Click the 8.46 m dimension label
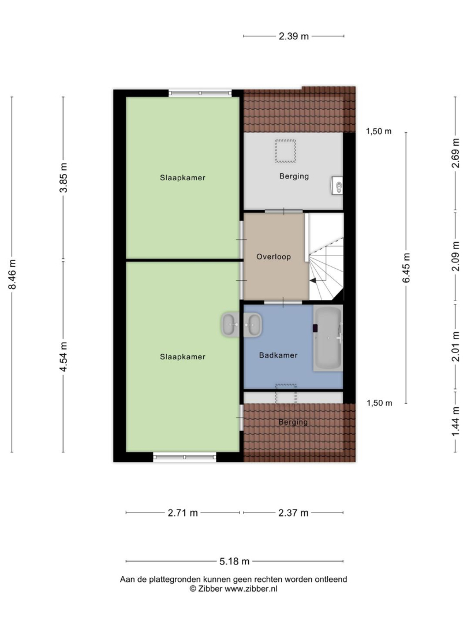(x=13, y=274)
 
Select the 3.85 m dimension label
(x=63, y=177)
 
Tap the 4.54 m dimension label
(x=63, y=356)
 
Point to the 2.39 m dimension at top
(x=294, y=36)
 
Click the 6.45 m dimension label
(x=406, y=268)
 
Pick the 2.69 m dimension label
(x=456, y=153)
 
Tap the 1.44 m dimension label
(x=456, y=421)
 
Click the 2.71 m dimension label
(x=183, y=513)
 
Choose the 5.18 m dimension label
(x=234, y=562)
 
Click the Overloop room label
(x=274, y=257)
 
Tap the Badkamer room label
(x=278, y=355)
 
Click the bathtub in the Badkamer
(x=328, y=338)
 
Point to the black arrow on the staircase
(x=313, y=280)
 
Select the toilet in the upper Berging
(x=337, y=186)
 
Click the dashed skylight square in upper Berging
(x=285, y=151)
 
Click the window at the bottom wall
(x=184, y=457)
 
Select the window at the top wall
(x=200, y=94)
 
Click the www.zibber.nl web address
(x=251, y=589)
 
